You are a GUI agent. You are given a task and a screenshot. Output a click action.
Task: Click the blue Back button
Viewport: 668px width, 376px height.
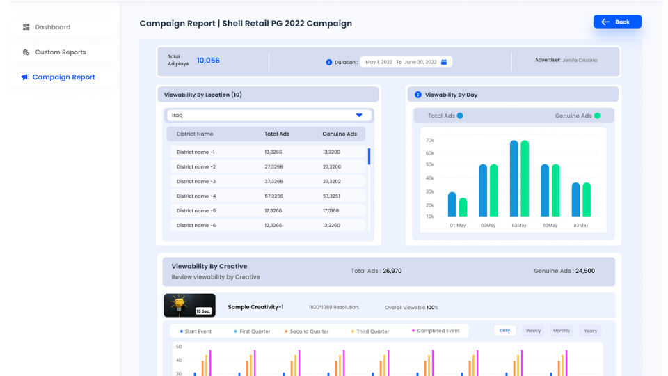click(617, 22)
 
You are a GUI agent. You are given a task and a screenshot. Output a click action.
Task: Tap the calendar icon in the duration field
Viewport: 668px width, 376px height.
click(444, 62)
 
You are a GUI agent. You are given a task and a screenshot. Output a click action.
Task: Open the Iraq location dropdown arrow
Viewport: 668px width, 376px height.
click(359, 115)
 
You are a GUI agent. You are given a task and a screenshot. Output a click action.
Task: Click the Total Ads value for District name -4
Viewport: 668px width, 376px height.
click(273, 196)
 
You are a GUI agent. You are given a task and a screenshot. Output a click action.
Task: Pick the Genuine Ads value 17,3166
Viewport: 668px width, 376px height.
click(331, 211)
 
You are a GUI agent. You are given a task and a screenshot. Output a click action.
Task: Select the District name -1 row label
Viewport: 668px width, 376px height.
click(196, 152)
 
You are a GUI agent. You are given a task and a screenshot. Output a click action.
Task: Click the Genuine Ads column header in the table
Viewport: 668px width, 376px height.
click(340, 134)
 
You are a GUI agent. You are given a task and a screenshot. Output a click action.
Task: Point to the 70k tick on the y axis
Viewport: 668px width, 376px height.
click(429, 141)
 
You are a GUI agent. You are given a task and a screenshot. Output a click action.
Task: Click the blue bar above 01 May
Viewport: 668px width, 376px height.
click(452, 204)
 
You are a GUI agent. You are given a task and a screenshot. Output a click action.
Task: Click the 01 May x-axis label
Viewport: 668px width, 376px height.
click(458, 226)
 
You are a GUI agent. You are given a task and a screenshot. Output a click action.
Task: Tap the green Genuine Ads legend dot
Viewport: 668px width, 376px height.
click(597, 116)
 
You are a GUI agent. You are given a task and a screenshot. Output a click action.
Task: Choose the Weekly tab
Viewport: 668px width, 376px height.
click(533, 331)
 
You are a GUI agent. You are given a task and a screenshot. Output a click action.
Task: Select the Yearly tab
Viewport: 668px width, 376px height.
click(590, 331)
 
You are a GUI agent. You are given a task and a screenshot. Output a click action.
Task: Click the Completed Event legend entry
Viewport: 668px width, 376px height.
click(436, 331)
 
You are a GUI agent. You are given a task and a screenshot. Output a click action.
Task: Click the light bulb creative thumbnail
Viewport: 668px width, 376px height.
click(189, 305)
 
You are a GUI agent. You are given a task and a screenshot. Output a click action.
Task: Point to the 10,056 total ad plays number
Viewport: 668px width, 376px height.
click(208, 61)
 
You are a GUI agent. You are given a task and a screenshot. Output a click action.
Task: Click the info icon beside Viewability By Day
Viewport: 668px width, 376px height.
click(418, 95)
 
